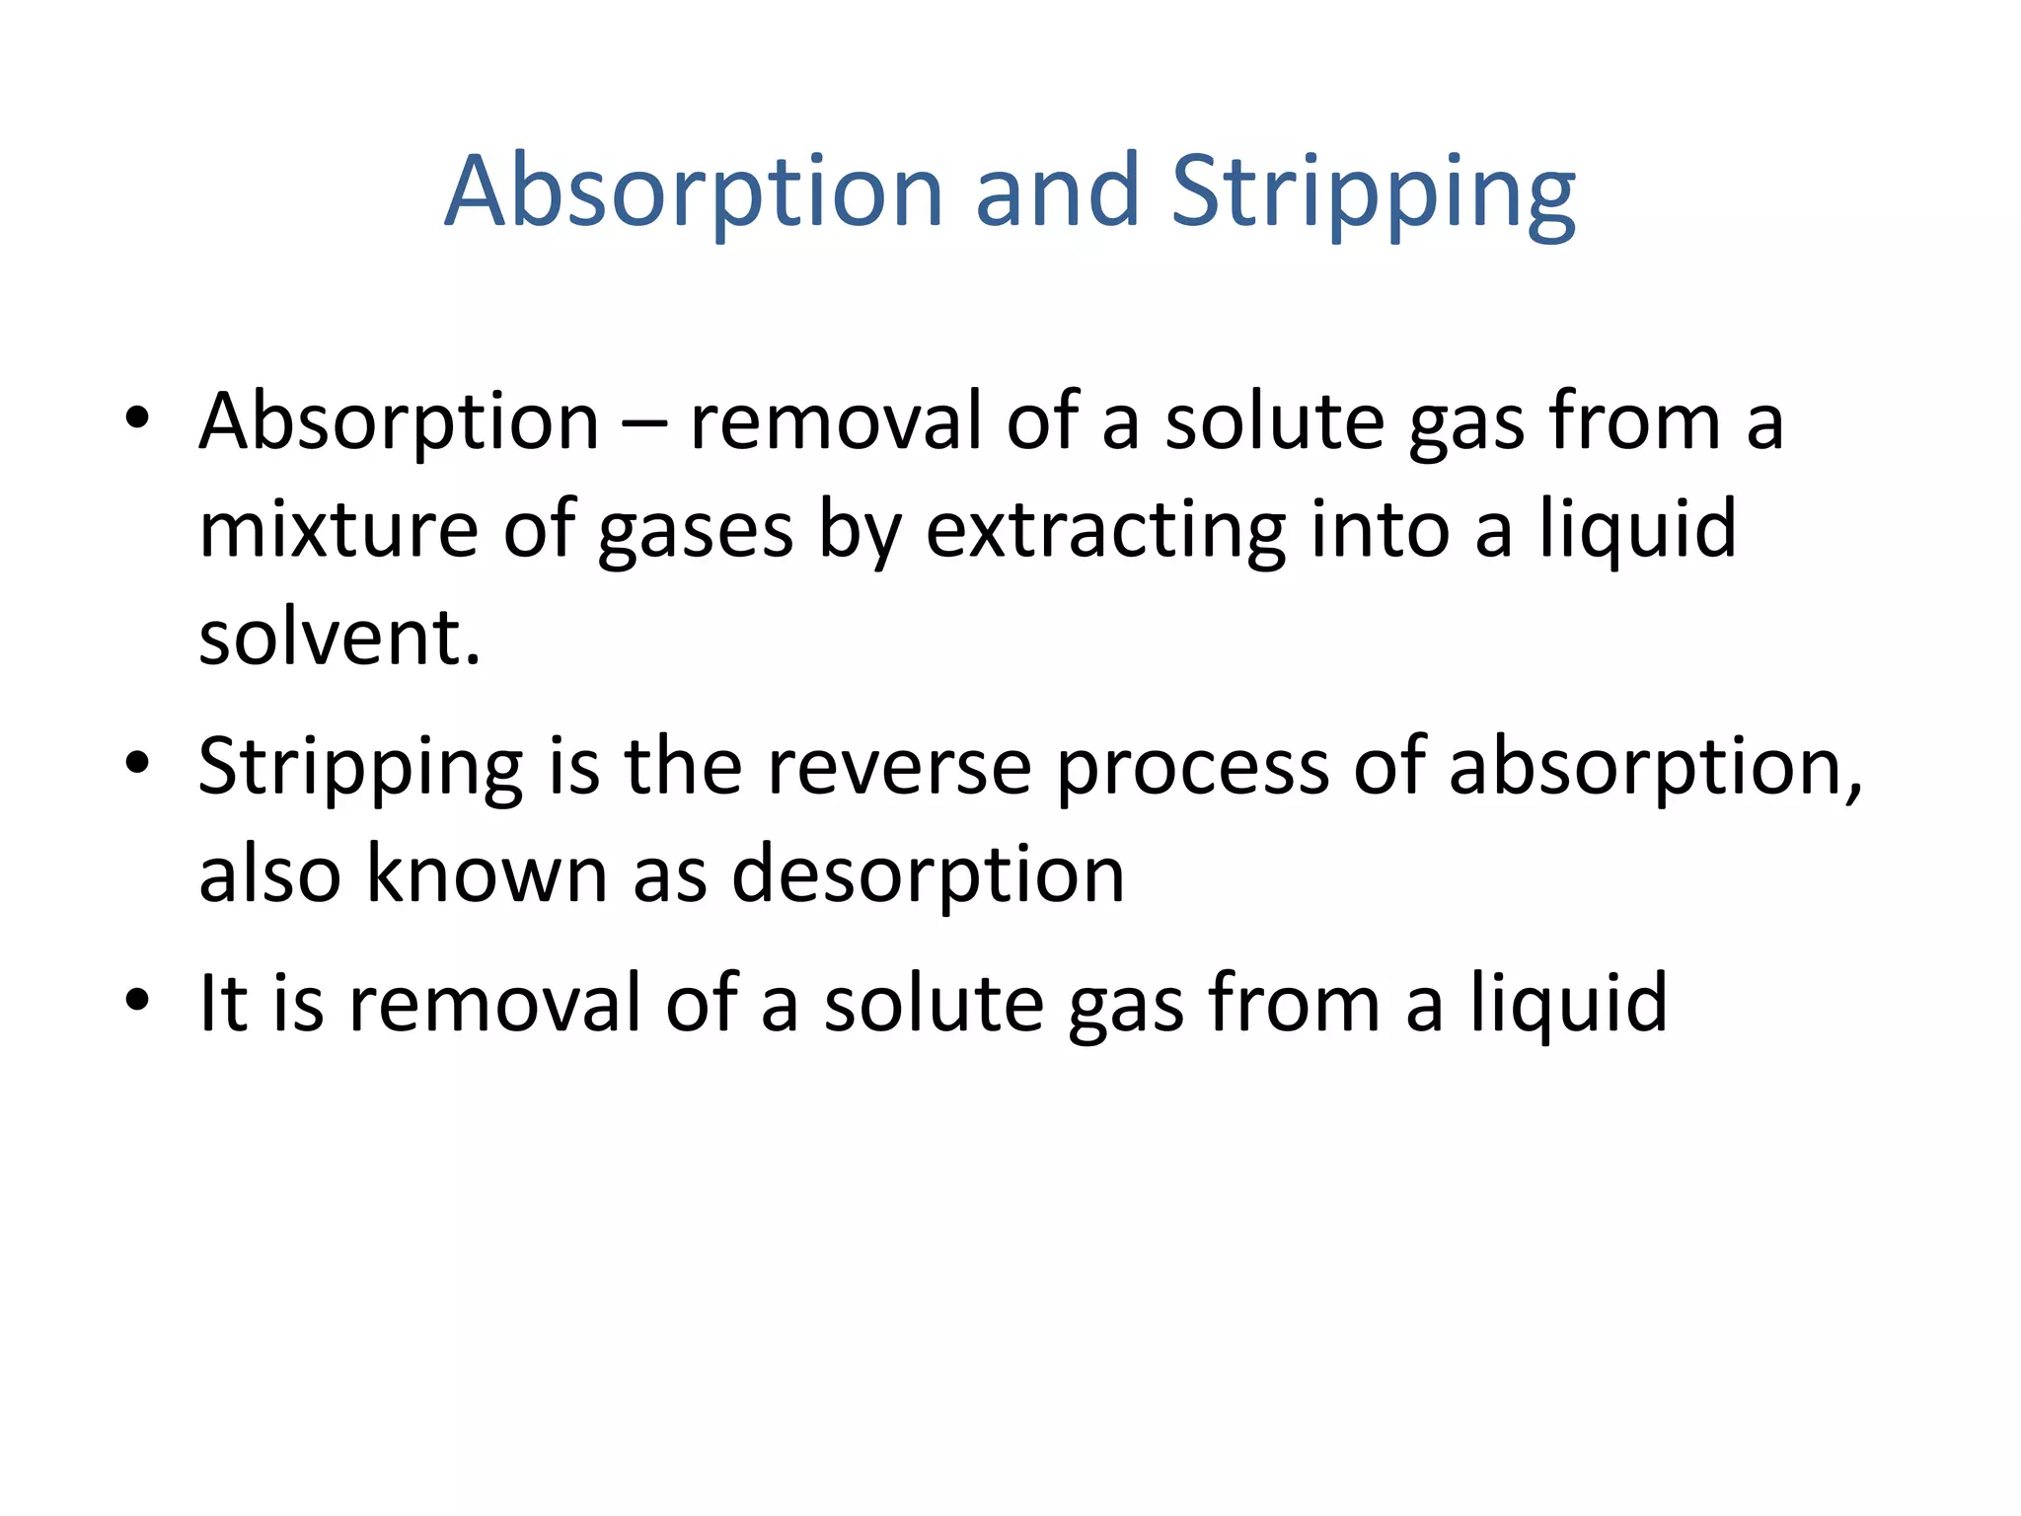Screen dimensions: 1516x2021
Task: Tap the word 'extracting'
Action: [1105, 530]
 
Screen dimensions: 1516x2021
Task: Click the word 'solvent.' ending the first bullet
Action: [339, 639]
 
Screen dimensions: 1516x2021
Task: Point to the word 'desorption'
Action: [928, 876]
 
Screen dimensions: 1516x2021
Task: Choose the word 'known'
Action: [487, 874]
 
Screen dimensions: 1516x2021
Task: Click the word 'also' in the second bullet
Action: [269, 874]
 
